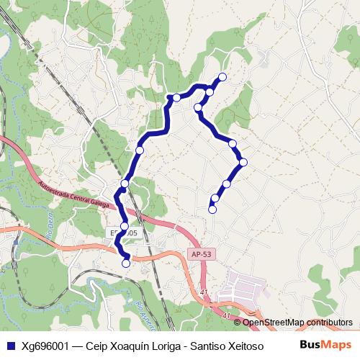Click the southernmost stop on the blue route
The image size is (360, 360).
coord(127,264)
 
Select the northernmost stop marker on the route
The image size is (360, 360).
coord(222,76)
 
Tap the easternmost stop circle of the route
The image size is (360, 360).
coord(243,162)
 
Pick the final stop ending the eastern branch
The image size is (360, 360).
coord(212,210)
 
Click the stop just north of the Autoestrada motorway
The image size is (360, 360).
coord(125,184)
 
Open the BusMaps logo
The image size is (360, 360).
coord(325,344)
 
